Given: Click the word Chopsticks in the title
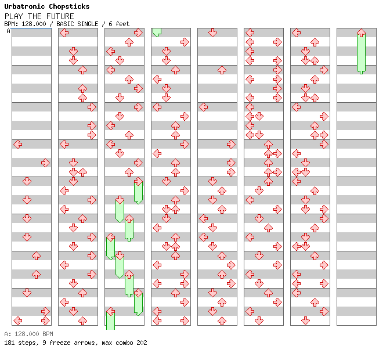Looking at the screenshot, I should [69, 7].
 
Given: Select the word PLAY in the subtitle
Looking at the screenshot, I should [13, 16].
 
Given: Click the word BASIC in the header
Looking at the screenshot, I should [67, 24].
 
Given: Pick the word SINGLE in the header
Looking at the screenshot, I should [92, 24].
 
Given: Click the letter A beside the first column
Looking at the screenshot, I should [8, 31].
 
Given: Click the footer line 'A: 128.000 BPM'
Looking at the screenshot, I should [28, 334].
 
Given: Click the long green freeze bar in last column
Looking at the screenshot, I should [361, 52].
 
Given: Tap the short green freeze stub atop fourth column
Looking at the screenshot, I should [157, 32].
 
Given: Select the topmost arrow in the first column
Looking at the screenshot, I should [17, 144].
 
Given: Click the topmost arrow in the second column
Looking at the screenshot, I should [64, 33].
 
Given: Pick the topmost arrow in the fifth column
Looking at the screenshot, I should [212, 33].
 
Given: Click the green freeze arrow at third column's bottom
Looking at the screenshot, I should [110, 320].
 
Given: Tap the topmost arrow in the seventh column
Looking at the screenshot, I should [296, 33].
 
